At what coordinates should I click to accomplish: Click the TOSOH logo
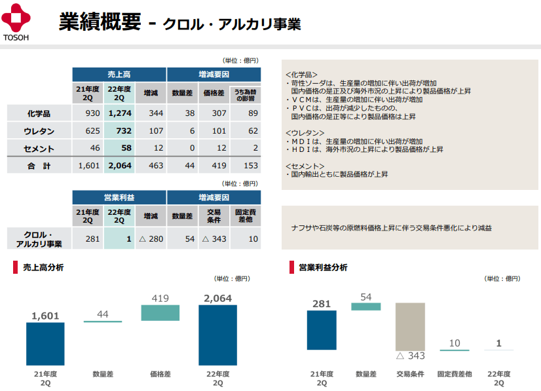coord(16,21)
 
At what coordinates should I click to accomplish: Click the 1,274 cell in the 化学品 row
coord(120,113)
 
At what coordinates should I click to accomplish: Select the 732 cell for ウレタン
coord(120,130)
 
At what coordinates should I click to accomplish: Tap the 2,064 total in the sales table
coord(120,166)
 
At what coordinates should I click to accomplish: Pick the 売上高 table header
coord(119,75)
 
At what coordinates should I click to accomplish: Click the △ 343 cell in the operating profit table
coord(214,238)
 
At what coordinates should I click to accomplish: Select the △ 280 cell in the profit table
coord(151,238)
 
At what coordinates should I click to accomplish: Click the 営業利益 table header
coord(119,197)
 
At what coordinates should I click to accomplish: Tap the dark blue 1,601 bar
coord(45,344)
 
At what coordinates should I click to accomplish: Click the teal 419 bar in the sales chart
coord(160,312)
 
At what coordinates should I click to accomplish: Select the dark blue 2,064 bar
coord(217,335)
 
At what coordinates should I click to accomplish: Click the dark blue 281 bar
coord(322,329)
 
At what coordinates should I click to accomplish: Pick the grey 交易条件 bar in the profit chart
coord(410,326)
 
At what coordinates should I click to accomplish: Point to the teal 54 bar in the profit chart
coord(365,306)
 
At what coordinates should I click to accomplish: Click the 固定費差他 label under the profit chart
coord(454,375)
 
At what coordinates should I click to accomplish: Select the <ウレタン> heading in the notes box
coord(305,132)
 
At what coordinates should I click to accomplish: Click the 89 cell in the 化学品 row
coord(246,113)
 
